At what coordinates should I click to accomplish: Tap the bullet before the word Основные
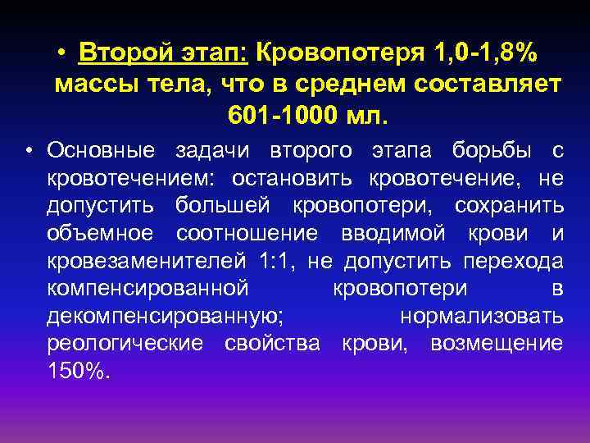tap(29, 150)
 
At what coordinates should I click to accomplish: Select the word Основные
tap(100, 150)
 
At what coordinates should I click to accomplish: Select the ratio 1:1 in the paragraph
tap(275, 261)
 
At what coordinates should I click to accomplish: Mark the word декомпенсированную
tap(166, 316)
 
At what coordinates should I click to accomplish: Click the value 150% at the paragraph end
tap(78, 371)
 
